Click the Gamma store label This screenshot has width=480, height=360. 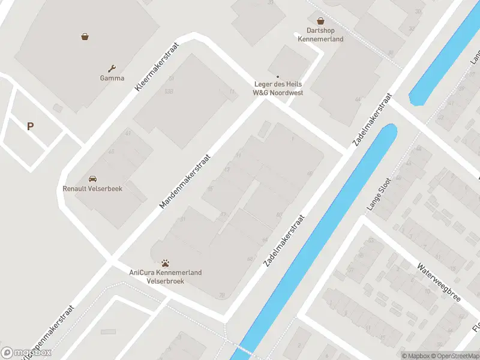[x=112, y=78]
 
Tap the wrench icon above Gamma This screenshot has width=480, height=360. [x=112, y=68]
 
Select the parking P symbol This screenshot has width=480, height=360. [x=30, y=126]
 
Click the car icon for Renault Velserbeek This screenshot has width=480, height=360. [x=92, y=179]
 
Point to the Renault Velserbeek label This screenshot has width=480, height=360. [x=92, y=188]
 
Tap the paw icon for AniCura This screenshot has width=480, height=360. [x=166, y=263]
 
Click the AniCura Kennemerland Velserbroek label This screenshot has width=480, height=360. [x=166, y=277]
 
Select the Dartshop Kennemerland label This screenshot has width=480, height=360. [x=320, y=35]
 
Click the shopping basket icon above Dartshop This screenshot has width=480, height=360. [x=320, y=20]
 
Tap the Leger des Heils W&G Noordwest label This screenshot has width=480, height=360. [x=278, y=88]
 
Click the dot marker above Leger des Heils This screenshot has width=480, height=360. [x=278, y=76]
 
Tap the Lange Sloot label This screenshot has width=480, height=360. [x=379, y=194]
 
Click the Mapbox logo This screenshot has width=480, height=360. [x=26, y=353]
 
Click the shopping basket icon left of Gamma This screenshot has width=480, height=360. [x=85, y=36]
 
